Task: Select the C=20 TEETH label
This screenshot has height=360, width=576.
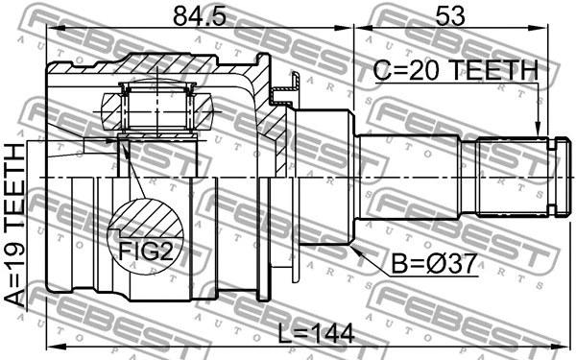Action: (457, 69)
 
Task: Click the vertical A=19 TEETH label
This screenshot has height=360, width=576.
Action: (16, 226)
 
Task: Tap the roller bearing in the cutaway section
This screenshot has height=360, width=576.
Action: (156, 108)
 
